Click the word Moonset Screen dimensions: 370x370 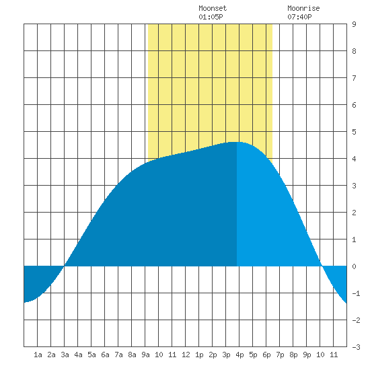213,8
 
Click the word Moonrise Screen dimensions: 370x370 303,8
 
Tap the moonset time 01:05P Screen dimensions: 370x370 211,17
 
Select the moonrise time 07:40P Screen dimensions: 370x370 299,17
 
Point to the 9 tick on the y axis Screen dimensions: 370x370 354,24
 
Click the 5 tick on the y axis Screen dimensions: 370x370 354,132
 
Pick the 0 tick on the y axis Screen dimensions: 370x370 354,266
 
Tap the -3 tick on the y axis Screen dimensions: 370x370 356,347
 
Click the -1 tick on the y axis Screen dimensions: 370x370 356,293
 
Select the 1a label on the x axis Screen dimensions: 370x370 38,355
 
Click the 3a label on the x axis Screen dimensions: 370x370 65,355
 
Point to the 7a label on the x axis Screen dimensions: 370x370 118,355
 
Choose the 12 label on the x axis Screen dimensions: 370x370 186,355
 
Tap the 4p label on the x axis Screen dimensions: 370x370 239,355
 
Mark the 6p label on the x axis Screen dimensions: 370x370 266,355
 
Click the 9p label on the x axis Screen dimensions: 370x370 307,355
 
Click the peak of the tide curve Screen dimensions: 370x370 237,142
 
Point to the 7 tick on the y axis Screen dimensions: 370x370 354,78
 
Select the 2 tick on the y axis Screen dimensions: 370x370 354,213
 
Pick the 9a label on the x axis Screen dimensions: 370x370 145,355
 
